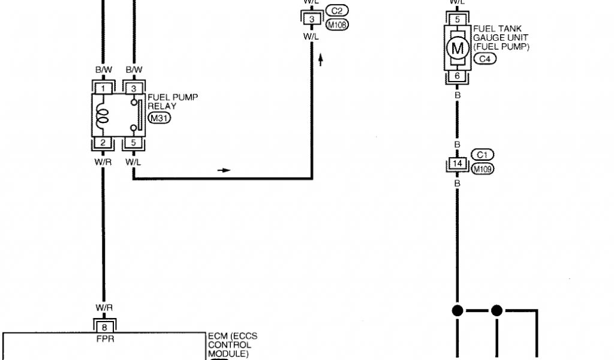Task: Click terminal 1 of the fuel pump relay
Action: [x=103, y=89]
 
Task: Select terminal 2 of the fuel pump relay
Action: [x=103, y=143]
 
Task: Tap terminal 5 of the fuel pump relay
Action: [x=133, y=143]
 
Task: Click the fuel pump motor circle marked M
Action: [x=458, y=48]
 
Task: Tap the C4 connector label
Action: [x=484, y=59]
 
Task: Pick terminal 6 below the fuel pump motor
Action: [x=457, y=76]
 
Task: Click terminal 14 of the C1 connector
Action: [x=457, y=163]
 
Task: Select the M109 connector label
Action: [x=483, y=169]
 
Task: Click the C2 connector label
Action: [x=337, y=11]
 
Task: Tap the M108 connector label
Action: [x=337, y=25]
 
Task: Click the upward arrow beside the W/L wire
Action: [x=321, y=59]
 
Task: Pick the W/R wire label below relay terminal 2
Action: [x=103, y=162]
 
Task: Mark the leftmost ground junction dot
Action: [x=457, y=311]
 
